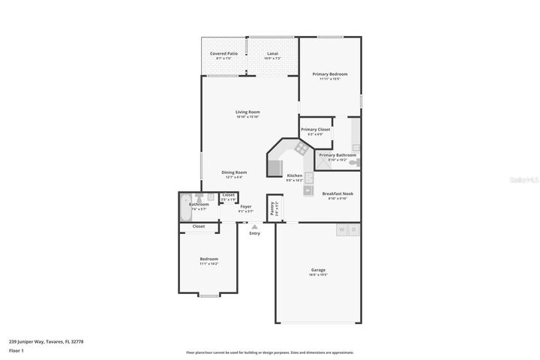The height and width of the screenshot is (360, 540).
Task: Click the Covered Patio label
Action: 223,54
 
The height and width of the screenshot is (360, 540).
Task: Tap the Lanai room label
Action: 273,54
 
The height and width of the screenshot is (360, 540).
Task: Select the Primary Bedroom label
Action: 330,73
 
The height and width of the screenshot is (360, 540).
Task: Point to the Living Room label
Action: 247,112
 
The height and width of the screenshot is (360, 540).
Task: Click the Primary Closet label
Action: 316,129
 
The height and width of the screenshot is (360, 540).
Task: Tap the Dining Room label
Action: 234,172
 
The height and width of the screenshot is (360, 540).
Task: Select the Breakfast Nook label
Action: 337,193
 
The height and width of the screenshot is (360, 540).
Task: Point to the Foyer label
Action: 246,206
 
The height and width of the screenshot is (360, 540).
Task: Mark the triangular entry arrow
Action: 254,226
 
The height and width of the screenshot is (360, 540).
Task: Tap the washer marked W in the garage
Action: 342,229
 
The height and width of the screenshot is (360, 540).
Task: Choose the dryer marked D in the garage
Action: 354,229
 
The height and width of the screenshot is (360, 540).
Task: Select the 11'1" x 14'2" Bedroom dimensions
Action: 208,264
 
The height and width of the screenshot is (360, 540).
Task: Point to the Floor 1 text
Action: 16,350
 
